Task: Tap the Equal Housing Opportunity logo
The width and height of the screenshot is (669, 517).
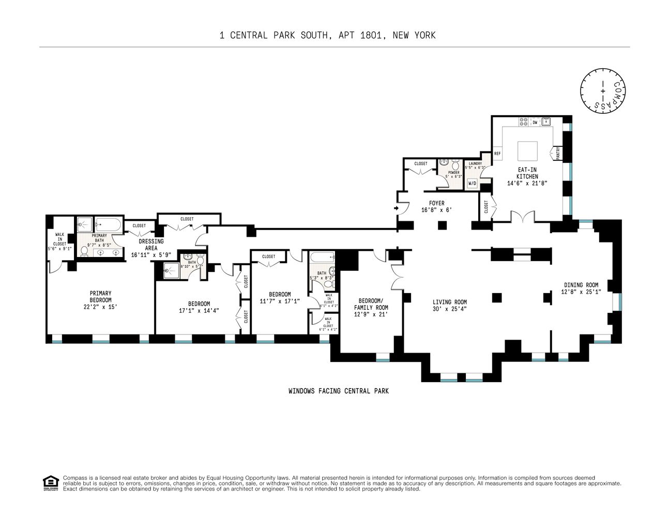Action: pos(50,483)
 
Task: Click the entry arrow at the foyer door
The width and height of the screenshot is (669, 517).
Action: pos(397,208)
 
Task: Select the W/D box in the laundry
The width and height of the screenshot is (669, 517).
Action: pos(472,184)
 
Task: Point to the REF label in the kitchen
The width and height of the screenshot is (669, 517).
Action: pos(497,154)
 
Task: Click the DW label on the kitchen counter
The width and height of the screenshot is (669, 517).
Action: pos(535,123)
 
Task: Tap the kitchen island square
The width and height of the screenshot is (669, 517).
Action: pos(528,151)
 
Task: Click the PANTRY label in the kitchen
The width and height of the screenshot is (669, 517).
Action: pos(558,154)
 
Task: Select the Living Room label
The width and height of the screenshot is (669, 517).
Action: pos(449,302)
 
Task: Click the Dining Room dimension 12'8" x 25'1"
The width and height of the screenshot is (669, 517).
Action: pos(581,292)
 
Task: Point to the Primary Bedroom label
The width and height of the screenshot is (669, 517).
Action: pos(100,296)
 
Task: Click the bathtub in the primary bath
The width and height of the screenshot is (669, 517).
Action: pos(109,224)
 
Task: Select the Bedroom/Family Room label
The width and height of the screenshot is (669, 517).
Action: pos(370,304)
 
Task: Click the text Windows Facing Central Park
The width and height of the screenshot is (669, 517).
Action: pos(339,391)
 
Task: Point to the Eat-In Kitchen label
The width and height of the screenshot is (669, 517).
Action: pos(527,173)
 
